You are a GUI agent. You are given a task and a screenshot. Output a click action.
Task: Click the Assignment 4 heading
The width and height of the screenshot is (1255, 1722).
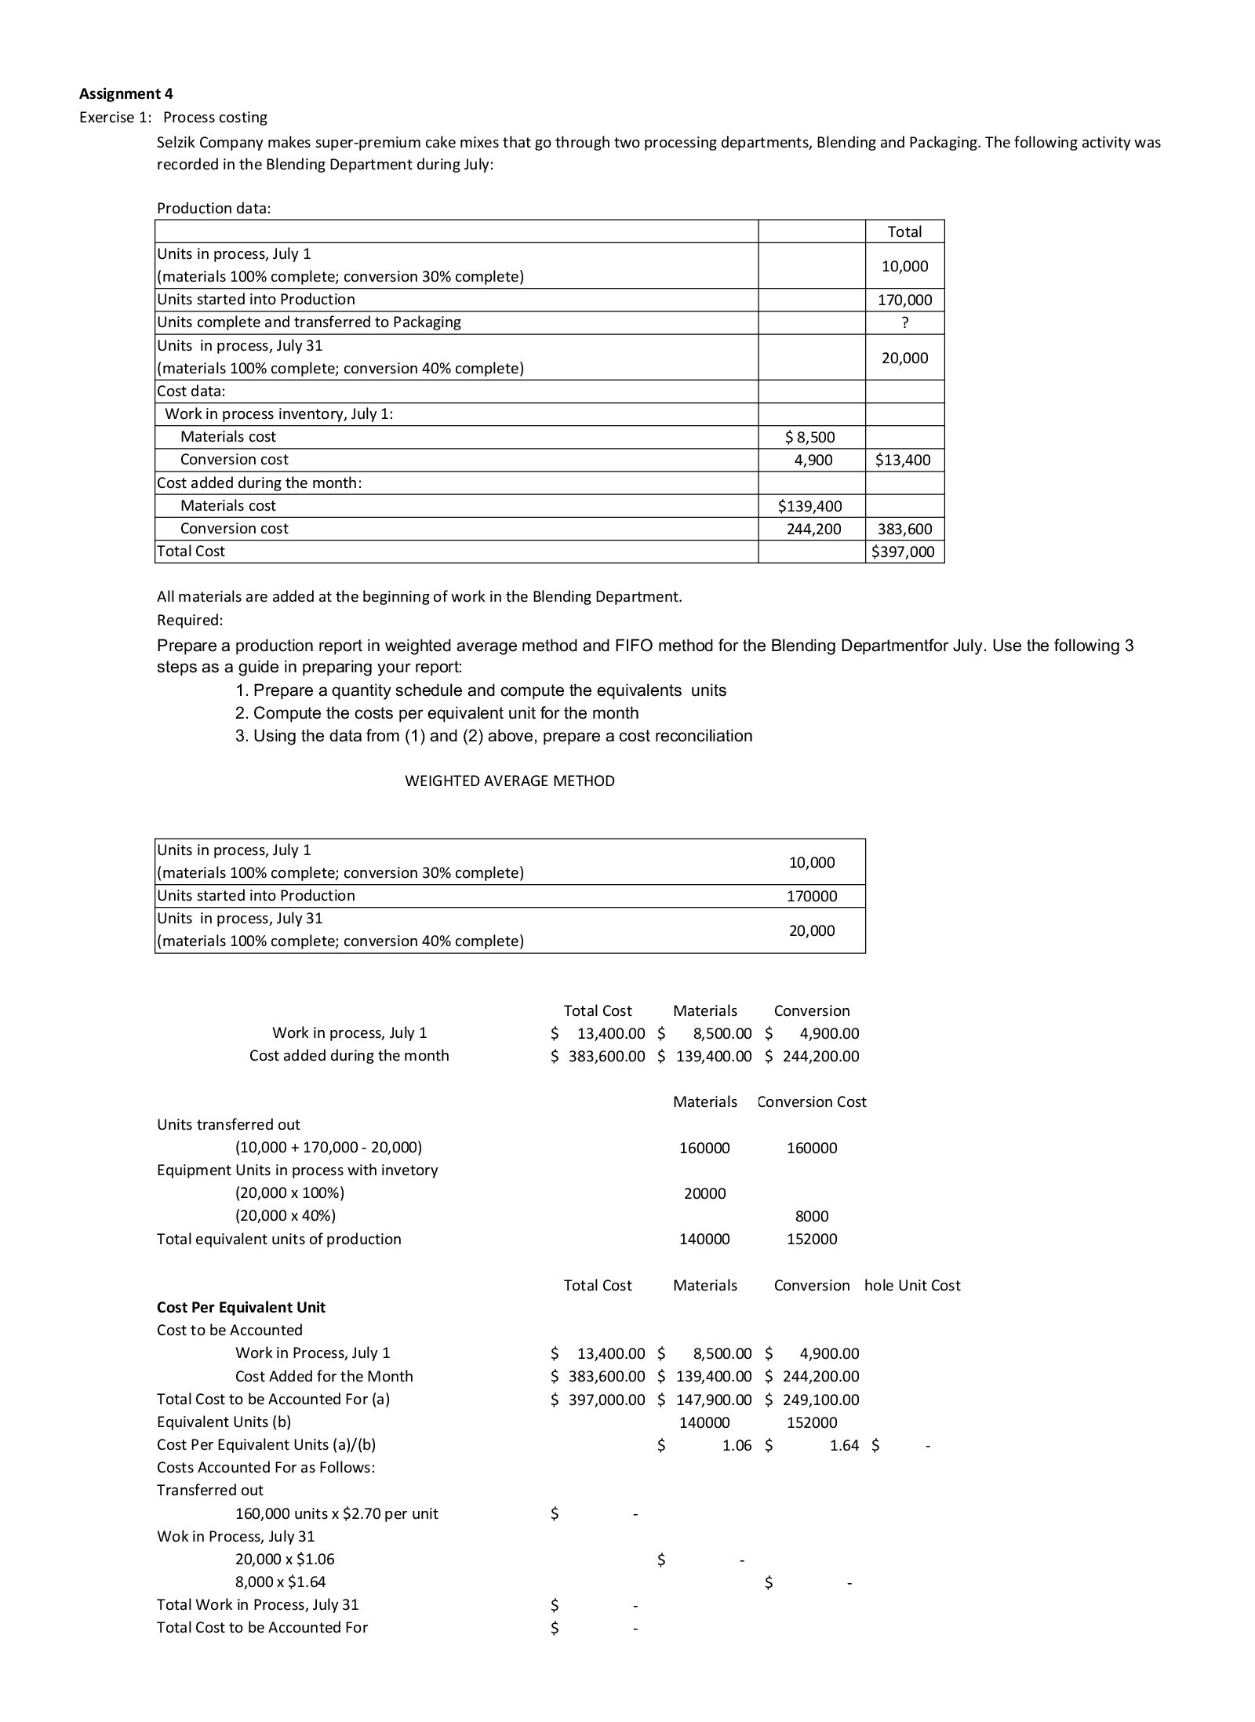pyautogui.click(x=125, y=94)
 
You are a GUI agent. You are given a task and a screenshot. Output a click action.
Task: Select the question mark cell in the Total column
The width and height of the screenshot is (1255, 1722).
pyautogui.click(x=904, y=322)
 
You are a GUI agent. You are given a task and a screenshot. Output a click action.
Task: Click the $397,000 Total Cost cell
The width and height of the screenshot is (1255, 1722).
pyautogui.click(x=904, y=552)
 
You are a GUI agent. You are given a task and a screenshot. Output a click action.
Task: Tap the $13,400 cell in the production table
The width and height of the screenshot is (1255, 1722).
pyautogui.click(x=903, y=460)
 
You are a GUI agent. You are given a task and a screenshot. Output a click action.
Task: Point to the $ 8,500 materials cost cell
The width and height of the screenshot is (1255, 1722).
pyautogui.click(x=810, y=437)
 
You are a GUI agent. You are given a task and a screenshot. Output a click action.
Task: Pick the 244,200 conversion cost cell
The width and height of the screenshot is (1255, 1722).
pyautogui.click(x=813, y=529)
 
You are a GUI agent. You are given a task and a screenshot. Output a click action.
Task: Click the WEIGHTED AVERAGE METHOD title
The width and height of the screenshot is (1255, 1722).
pyautogui.click(x=509, y=781)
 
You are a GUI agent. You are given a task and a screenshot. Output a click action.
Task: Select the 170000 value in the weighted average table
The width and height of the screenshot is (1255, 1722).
pyautogui.click(x=812, y=896)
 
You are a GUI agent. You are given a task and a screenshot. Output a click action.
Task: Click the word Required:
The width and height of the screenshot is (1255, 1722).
pyautogui.click(x=190, y=620)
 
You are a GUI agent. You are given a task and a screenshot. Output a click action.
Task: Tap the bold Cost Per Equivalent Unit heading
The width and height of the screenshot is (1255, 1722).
pyautogui.click(x=241, y=1307)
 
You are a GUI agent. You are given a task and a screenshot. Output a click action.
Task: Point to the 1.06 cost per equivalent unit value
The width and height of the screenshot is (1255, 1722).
pyautogui.click(x=737, y=1444)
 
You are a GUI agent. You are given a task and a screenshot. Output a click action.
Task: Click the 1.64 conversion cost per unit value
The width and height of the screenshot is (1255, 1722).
pyautogui.click(x=844, y=1444)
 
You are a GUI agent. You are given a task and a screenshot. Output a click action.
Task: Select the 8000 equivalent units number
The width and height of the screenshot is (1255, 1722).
pyautogui.click(x=812, y=1216)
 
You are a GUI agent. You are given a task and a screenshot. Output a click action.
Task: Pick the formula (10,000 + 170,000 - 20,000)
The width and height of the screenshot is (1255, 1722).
pyautogui.click(x=329, y=1148)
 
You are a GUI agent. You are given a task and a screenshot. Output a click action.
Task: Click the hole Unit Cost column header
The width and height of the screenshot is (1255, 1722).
pyautogui.click(x=912, y=1285)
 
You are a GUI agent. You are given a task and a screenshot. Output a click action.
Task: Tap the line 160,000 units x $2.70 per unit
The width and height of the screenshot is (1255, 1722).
pyautogui.click(x=336, y=1513)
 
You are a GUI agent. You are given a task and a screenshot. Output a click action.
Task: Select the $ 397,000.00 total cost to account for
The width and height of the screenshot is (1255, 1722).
pyautogui.click(x=598, y=1399)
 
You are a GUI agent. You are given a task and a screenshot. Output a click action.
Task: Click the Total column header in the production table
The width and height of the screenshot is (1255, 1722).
pyautogui.click(x=904, y=231)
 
